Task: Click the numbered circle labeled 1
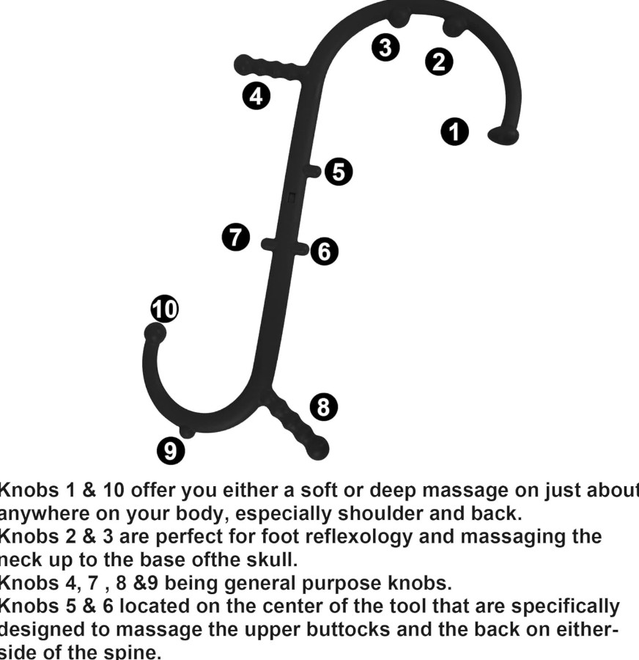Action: [x=454, y=131]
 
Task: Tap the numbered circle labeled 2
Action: [x=438, y=62]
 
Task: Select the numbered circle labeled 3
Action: [x=385, y=47]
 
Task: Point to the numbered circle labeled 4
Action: [x=256, y=96]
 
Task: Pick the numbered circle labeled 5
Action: [x=339, y=172]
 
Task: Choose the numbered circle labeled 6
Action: [x=324, y=252]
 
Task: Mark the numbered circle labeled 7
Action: [x=235, y=238]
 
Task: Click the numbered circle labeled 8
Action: [x=324, y=406]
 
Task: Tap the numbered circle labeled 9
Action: [x=171, y=450]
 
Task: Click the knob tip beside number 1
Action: [x=503, y=136]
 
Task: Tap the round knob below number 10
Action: [x=155, y=334]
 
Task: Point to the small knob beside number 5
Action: [x=314, y=171]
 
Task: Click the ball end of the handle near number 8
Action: [x=317, y=447]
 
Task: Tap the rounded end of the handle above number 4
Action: [x=243, y=65]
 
